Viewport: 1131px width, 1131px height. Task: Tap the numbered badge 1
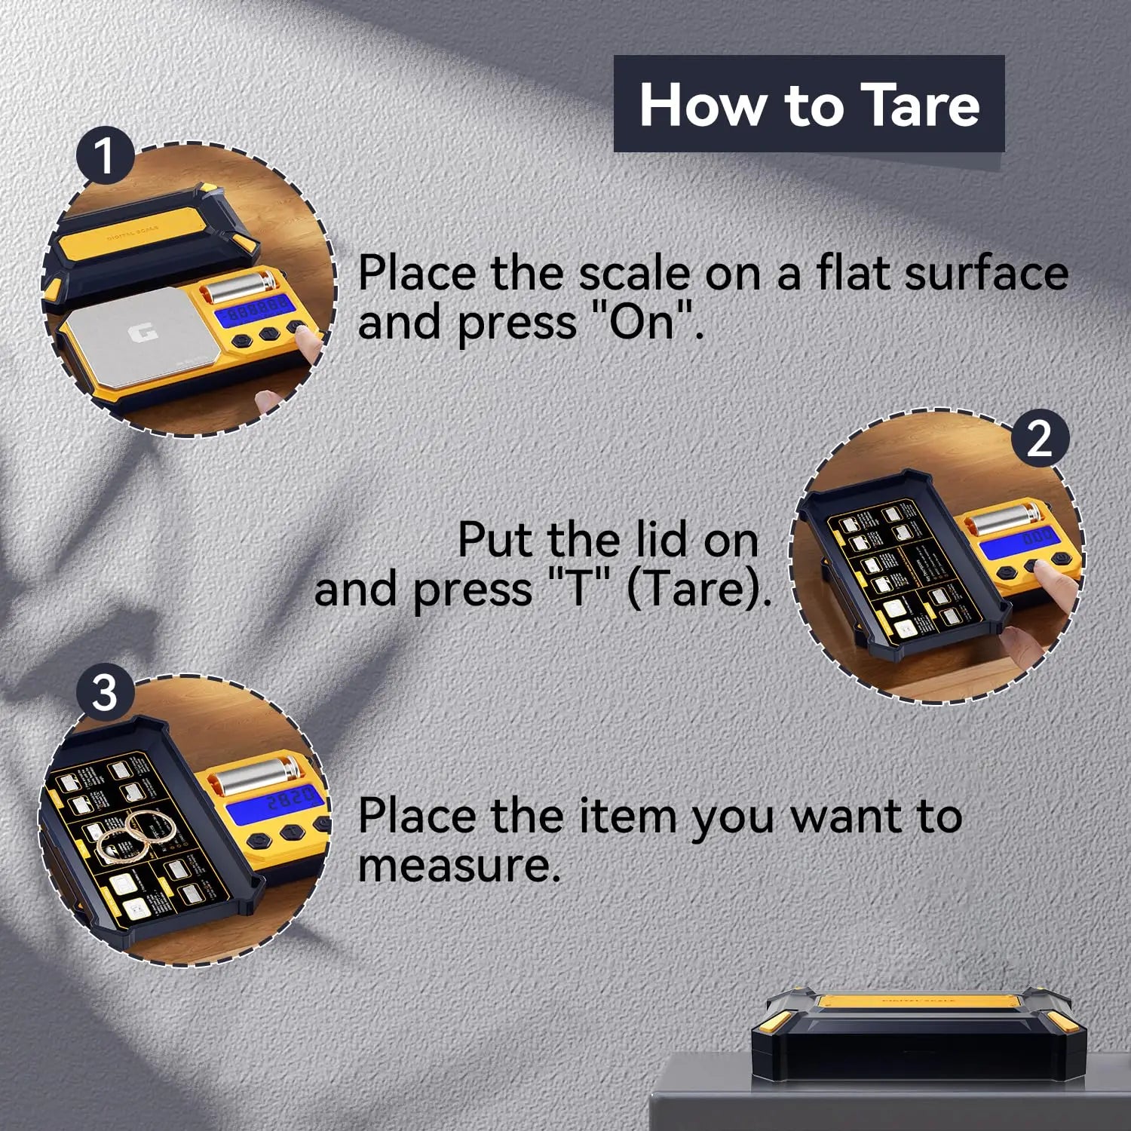click(x=104, y=156)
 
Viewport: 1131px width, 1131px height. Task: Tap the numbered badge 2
click(x=1039, y=438)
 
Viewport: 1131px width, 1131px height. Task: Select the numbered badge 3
click(x=105, y=692)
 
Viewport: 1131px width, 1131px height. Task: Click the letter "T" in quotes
click(x=578, y=589)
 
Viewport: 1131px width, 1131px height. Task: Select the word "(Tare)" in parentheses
click(x=698, y=589)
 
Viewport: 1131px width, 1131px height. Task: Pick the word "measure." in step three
click(x=459, y=865)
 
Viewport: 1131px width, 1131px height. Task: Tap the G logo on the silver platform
click(x=138, y=333)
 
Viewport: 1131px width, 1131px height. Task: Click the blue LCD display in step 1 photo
click(x=253, y=310)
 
